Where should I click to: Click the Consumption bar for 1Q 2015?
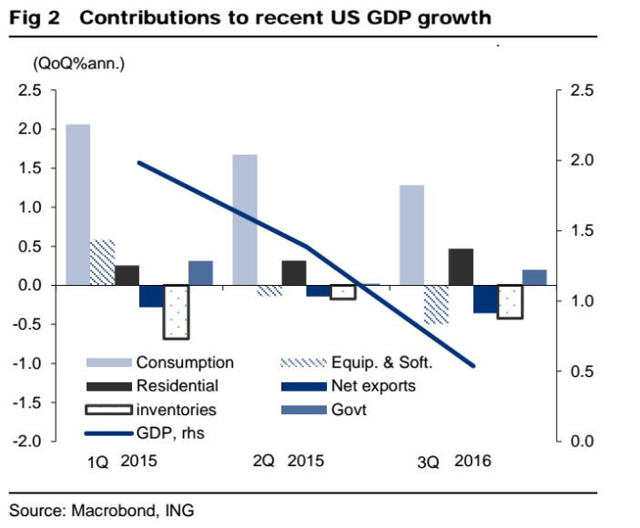pos(78,205)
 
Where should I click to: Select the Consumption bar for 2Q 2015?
pos(246,219)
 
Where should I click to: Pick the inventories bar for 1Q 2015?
pos(176,311)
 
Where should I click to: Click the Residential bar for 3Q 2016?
pos(461,267)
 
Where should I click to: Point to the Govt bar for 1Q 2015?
pos(200,273)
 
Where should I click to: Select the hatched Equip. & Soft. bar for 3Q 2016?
pos(436,304)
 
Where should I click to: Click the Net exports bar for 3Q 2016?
pos(485,300)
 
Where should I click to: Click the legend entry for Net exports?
pos(377,386)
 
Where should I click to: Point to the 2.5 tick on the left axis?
pos(30,90)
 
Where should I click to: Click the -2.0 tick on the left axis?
pos(28,442)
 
